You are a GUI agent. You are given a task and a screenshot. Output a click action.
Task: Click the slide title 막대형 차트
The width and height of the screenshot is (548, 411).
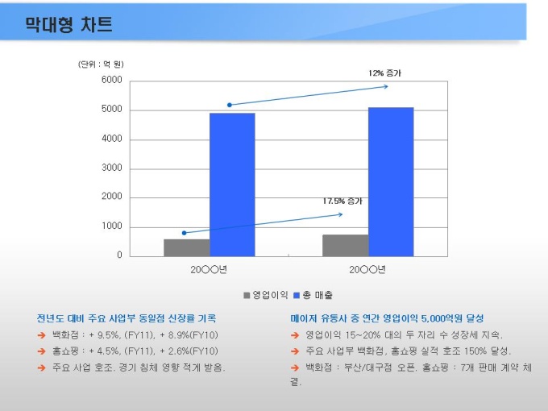coord(68,25)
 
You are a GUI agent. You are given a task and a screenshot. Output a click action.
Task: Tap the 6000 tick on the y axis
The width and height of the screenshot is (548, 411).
coord(111,81)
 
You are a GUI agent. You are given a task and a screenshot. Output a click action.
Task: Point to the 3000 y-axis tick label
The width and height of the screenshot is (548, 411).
coord(111,168)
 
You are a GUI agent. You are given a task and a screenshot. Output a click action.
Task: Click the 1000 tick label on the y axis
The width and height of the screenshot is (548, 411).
coord(111,226)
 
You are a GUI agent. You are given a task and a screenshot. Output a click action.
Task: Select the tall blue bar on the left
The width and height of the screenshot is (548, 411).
coord(232,184)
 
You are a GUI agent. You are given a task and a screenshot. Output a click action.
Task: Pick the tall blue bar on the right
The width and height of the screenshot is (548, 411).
coord(391,181)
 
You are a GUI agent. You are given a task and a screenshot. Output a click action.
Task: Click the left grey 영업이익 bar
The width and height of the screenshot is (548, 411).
coord(186,247)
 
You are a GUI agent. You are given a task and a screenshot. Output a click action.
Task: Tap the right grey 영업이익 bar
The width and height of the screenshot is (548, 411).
coord(345,245)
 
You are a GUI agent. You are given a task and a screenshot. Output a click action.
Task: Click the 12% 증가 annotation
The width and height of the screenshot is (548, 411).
coord(384,73)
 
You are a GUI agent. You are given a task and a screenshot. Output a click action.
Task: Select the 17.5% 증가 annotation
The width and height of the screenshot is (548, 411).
coord(342,201)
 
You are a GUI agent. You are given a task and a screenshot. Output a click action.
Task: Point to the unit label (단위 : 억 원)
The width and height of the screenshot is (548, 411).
coord(101,64)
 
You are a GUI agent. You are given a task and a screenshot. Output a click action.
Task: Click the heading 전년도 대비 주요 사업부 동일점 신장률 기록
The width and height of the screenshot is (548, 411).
coord(127,318)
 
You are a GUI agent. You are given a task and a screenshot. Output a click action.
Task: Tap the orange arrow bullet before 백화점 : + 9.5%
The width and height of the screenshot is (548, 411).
coord(41,335)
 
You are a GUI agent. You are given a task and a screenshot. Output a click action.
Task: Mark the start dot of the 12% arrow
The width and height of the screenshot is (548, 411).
coord(230,105)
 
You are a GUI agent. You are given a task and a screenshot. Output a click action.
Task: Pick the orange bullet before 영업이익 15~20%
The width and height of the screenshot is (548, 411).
coord(295,335)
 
